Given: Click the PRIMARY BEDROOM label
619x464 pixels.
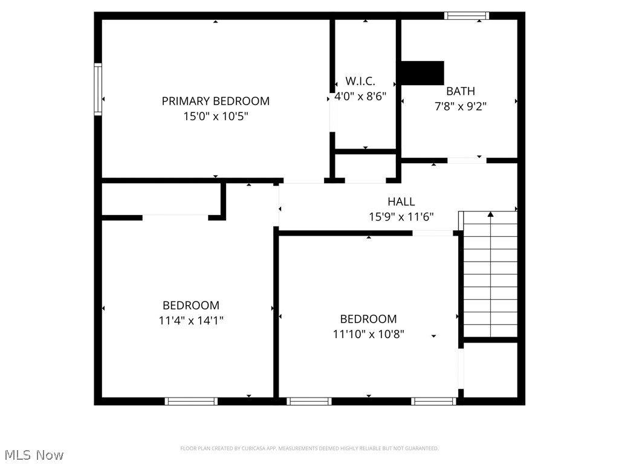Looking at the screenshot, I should (215, 101).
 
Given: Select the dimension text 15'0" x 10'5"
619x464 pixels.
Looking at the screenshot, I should (216, 116).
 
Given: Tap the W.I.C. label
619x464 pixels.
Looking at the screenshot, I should (360, 81).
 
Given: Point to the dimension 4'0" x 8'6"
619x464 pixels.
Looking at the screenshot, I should (361, 95).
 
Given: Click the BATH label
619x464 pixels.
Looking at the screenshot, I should (461, 91).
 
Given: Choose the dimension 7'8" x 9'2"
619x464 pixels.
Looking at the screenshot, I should (461, 106).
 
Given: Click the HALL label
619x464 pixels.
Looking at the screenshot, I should (401, 201).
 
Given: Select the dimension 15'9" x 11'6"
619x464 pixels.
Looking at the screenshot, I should (401, 216).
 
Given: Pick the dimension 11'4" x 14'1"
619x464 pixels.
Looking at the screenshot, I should (191, 321).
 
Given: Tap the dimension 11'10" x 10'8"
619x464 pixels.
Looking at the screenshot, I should (368, 333).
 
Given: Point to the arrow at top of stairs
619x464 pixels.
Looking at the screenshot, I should (490, 214).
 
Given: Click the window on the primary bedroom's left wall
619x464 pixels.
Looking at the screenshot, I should (97, 89).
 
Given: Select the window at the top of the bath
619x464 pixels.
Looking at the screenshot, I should (467, 16).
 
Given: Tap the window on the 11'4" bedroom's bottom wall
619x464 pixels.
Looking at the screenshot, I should (191, 401).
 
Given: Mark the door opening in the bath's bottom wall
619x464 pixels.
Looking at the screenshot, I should (467, 160).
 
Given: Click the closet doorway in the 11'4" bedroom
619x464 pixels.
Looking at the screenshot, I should (175, 217).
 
